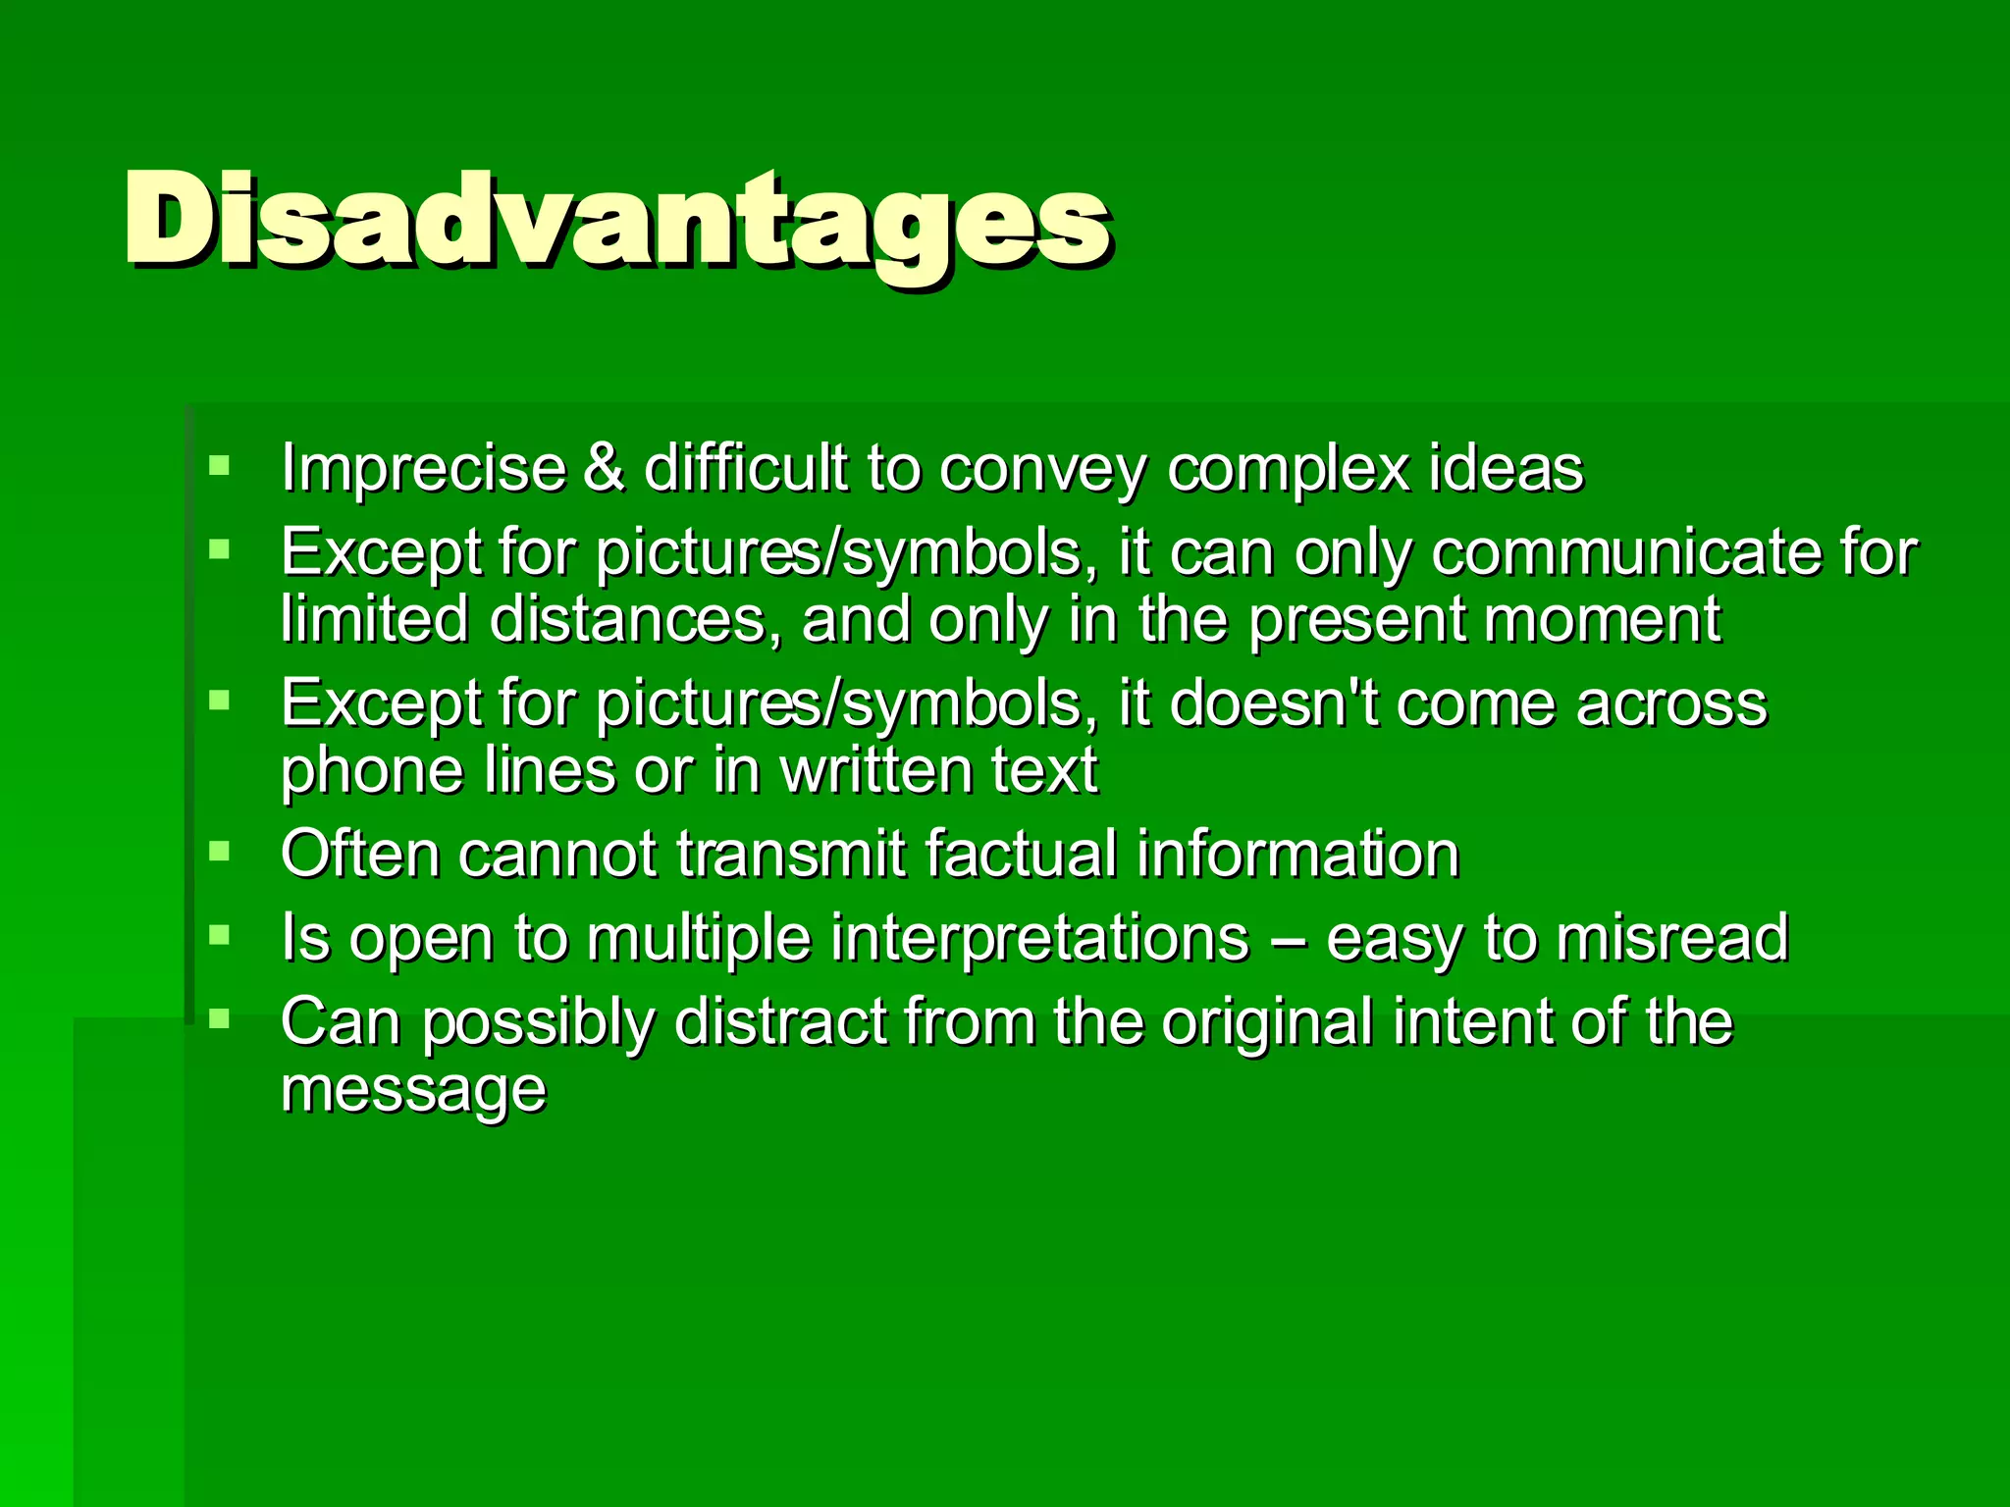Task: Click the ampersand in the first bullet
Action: (x=603, y=467)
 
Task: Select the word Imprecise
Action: (x=423, y=467)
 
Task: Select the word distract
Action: (x=780, y=1022)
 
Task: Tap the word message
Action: (x=413, y=1091)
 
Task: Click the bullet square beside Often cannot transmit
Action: (x=219, y=851)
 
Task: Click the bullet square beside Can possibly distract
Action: (x=219, y=1019)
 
